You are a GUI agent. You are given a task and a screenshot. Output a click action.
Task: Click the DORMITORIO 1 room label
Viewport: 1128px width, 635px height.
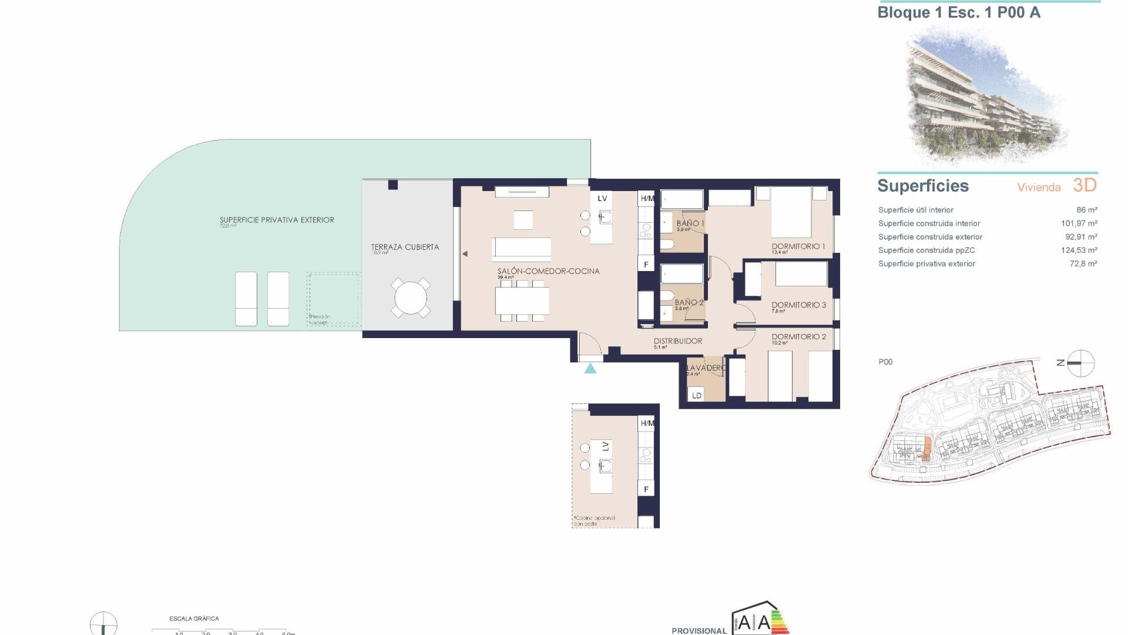coord(798,246)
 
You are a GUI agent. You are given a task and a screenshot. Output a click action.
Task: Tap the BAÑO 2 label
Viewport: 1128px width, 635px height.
coord(689,302)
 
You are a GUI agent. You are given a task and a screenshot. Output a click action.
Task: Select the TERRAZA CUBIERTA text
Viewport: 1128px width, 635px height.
coord(405,247)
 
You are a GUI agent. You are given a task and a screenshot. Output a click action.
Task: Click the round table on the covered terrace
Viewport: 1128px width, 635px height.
coord(411,298)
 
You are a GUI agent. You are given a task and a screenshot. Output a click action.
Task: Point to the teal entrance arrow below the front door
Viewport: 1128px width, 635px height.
coord(590,369)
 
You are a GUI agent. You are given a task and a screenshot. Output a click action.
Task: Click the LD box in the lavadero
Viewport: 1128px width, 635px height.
coord(697,395)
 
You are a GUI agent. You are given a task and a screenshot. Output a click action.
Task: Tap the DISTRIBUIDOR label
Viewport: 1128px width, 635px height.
coord(677,341)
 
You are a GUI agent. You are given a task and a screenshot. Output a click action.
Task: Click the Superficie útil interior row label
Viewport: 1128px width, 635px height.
coord(915,210)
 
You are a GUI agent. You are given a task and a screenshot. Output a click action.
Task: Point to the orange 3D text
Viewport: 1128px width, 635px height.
coord(1085,185)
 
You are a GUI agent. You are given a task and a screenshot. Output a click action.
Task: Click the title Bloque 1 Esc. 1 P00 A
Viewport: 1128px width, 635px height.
coord(958,13)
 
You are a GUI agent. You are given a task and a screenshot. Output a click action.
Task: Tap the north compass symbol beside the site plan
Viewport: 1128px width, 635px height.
coord(1080,363)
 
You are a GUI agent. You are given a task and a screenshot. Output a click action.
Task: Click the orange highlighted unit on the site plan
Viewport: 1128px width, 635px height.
coord(926,449)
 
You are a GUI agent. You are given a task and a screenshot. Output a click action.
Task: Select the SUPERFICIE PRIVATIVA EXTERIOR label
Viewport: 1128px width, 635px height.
coord(277,220)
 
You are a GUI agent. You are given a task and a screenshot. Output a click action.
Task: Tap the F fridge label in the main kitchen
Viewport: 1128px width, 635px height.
coord(646,265)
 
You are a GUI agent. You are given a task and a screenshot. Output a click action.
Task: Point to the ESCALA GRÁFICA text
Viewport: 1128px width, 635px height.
coord(194,619)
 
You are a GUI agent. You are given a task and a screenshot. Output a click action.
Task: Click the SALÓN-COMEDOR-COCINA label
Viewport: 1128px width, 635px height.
coord(548,271)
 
